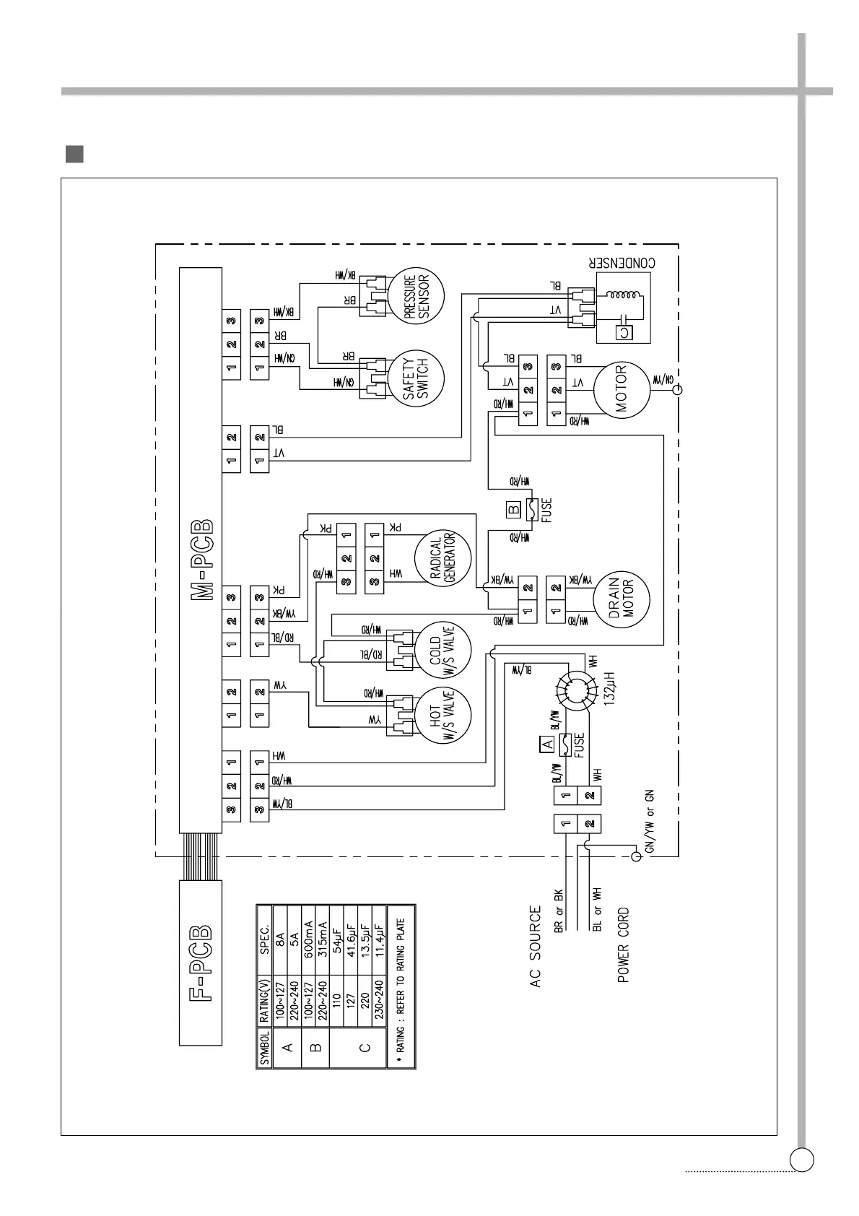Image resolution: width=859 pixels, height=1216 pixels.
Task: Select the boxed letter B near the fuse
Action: (x=513, y=509)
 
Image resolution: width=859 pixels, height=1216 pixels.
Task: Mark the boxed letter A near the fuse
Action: (x=546, y=744)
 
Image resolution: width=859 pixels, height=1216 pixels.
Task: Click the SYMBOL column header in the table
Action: (x=265, y=1048)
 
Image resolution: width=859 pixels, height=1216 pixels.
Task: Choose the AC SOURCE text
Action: (x=536, y=947)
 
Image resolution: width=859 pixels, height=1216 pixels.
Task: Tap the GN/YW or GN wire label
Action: (x=650, y=821)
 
